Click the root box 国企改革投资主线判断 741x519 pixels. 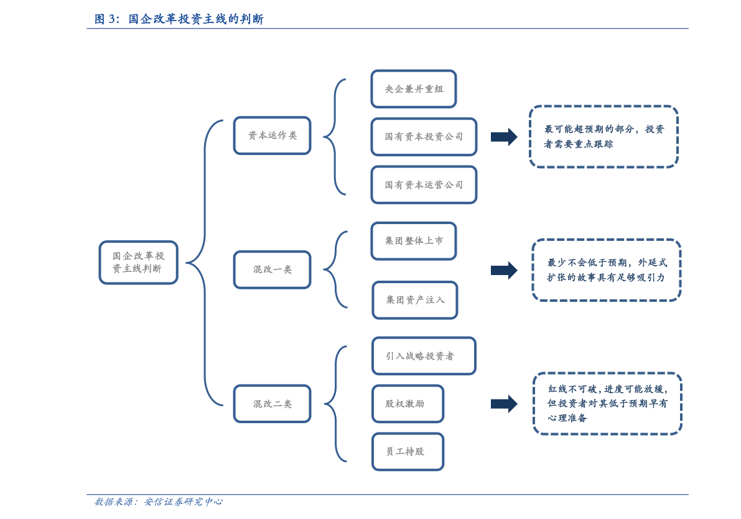(x=138, y=263)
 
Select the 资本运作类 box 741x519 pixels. (x=272, y=135)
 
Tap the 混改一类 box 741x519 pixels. (x=272, y=269)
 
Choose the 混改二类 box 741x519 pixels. (x=272, y=403)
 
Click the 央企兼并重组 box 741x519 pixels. (x=413, y=89)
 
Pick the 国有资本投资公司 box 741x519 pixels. (x=424, y=136)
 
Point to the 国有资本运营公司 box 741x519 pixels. (x=424, y=185)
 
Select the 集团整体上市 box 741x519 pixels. (x=413, y=241)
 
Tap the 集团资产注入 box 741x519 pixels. (x=414, y=300)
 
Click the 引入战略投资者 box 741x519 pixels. (x=424, y=356)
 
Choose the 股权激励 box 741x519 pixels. (x=408, y=403)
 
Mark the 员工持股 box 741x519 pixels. (x=408, y=451)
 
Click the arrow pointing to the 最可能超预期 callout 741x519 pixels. (x=504, y=136)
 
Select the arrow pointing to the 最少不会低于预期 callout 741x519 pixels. (x=504, y=270)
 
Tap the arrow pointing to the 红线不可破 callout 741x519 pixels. (x=504, y=404)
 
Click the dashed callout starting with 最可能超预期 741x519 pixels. (x=604, y=136)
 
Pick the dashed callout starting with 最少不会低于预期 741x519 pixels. (x=606, y=270)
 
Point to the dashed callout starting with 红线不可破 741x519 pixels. (x=607, y=403)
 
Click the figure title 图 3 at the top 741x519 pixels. (x=179, y=19)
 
